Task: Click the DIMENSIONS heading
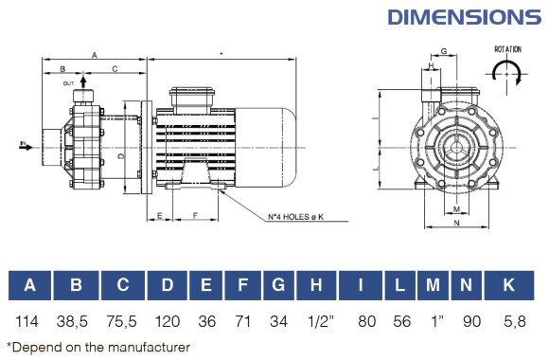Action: (x=464, y=17)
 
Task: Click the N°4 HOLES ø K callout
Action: (x=295, y=216)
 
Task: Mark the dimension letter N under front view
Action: (x=457, y=224)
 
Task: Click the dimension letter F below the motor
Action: (x=195, y=216)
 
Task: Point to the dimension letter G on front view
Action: (x=443, y=51)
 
